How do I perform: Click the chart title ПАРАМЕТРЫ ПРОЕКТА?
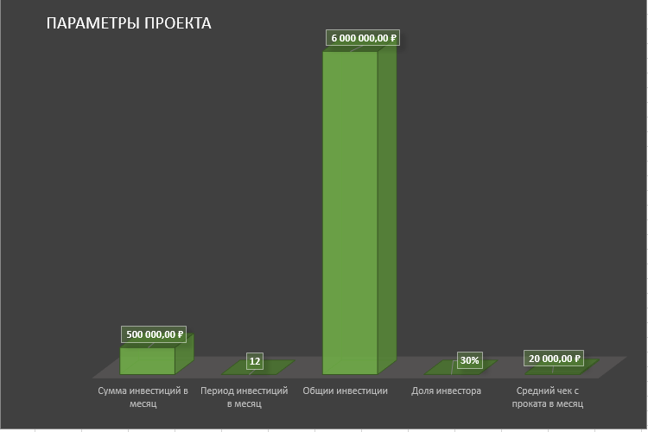128,23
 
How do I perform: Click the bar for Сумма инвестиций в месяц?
147,360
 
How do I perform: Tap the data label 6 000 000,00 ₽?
363,38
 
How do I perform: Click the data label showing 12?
254,361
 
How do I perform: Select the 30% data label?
469,360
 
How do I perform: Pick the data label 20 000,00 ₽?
554,359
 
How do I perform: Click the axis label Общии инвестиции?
345,391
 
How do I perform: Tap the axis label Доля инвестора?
447,391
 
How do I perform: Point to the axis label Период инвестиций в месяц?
244,397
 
